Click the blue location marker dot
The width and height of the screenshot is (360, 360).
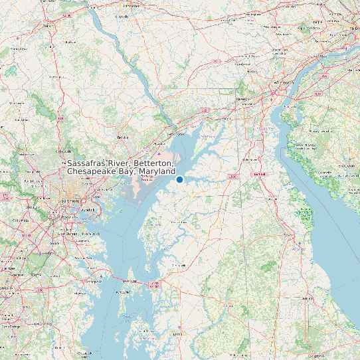tap(179, 179)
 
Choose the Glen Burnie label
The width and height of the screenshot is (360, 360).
tap(67, 234)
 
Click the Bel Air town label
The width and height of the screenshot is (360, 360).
tap(122, 137)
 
